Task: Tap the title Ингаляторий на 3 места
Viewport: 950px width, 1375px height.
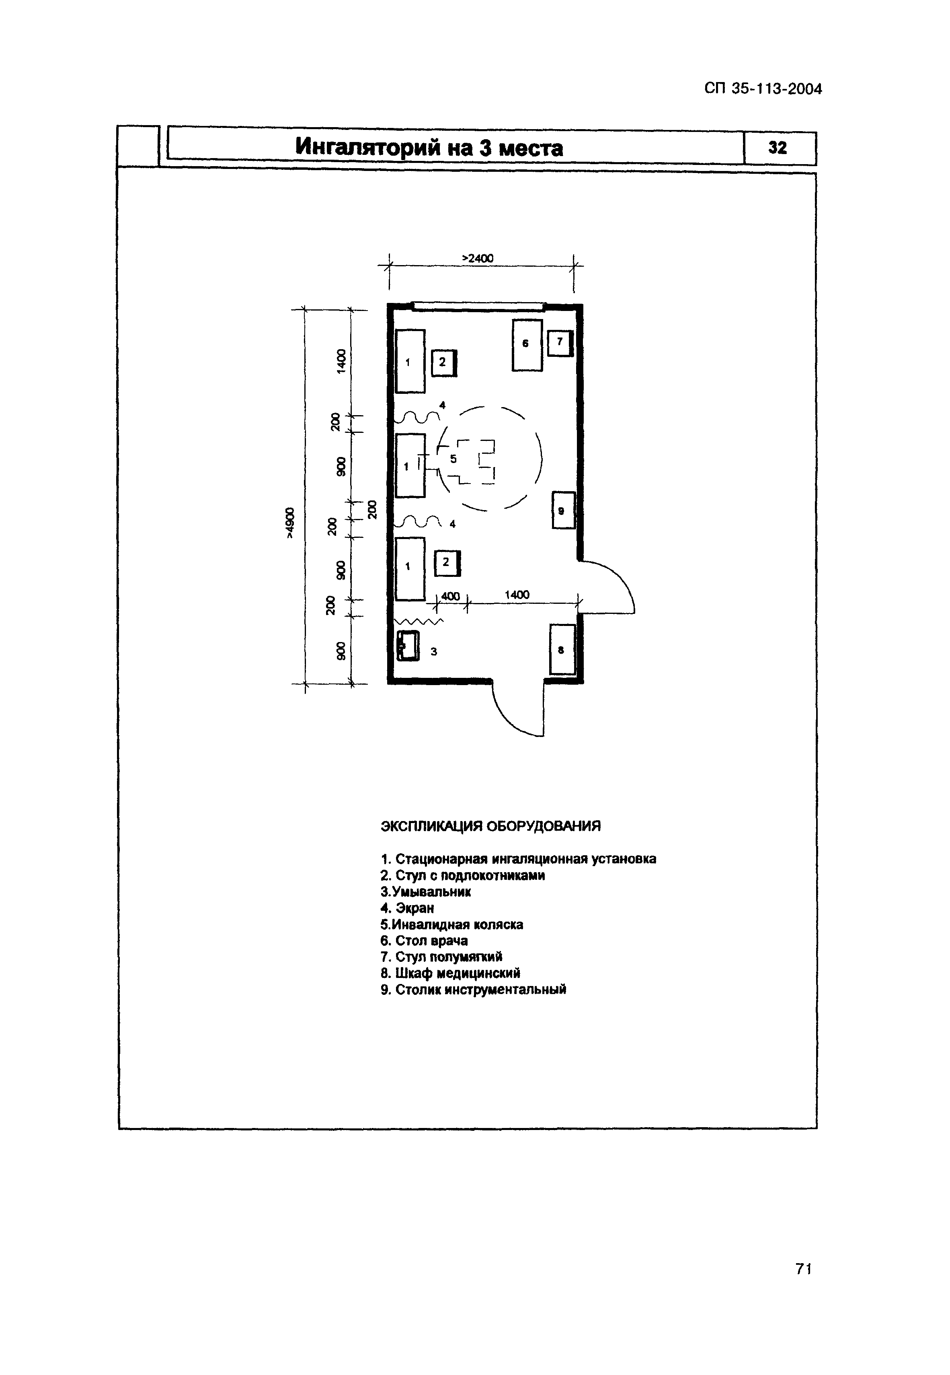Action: (429, 147)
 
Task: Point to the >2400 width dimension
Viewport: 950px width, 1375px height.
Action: (478, 258)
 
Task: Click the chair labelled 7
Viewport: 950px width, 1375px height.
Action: (560, 343)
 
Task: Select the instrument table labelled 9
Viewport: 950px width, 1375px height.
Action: (563, 510)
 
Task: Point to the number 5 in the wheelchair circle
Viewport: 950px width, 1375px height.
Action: (453, 459)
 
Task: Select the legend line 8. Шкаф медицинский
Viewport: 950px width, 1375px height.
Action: (450, 973)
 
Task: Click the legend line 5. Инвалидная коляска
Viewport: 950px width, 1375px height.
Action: (452, 925)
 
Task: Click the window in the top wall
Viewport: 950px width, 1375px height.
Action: (478, 307)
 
